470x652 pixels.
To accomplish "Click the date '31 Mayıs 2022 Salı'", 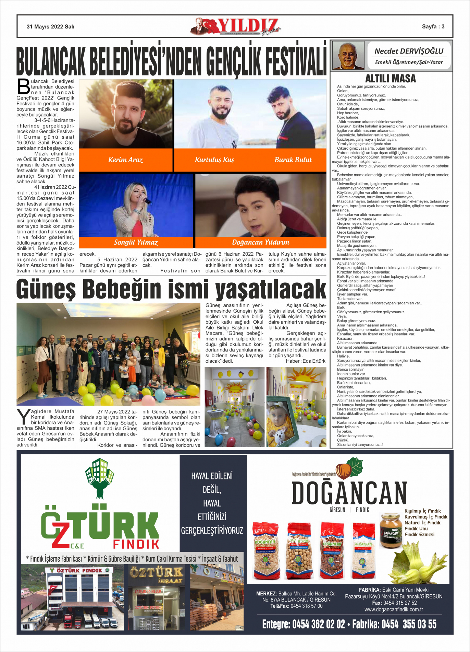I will pyautogui.click(x=50, y=26).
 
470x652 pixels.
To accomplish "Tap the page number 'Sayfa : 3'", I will pyautogui.click(x=433, y=26).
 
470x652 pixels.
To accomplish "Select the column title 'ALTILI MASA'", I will pyautogui.click(x=391, y=78).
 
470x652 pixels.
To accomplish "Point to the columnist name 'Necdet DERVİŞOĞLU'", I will pyautogui.click(x=409, y=51).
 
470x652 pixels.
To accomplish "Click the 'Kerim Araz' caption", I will pyautogui.click(x=125, y=160).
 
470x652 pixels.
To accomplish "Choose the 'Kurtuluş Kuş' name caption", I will pyautogui.click(x=214, y=160).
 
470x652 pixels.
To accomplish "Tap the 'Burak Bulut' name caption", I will pyautogui.click(x=293, y=160).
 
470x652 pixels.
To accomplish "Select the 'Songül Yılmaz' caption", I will pyautogui.click(x=136, y=242).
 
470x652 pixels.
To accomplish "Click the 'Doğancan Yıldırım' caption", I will pyautogui.click(x=260, y=242).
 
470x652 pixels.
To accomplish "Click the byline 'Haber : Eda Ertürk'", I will pyautogui.click(x=306, y=361).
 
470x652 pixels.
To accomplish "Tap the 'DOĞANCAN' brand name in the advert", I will pyautogui.click(x=349, y=493).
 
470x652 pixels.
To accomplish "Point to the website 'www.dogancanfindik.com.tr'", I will pyautogui.click(x=394, y=609).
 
